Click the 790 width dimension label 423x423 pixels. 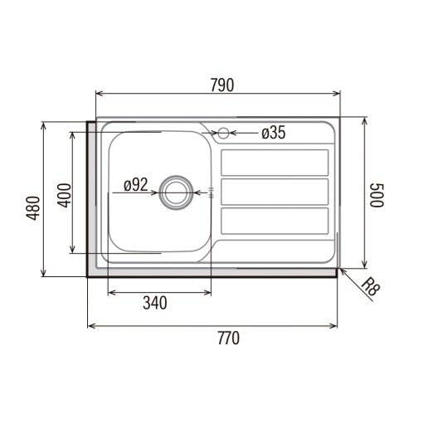pyautogui.click(x=222, y=85)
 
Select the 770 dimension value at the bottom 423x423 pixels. pyautogui.click(x=229, y=338)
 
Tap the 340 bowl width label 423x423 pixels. pyautogui.click(x=155, y=303)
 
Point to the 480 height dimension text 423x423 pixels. pyautogui.click(x=33, y=208)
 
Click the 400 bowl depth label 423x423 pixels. pyautogui.click(x=64, y=195)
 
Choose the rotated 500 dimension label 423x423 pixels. pyautogui.click(x=377, y=195)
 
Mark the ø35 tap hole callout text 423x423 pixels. pyautogui.click(x=274, y=133)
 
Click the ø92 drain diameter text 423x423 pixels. pyautogui.click(x=136, y=185)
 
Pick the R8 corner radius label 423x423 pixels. pyautogui.click(x=371, y=287)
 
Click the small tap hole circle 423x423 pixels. pyautogui.click(x=223, y=134)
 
